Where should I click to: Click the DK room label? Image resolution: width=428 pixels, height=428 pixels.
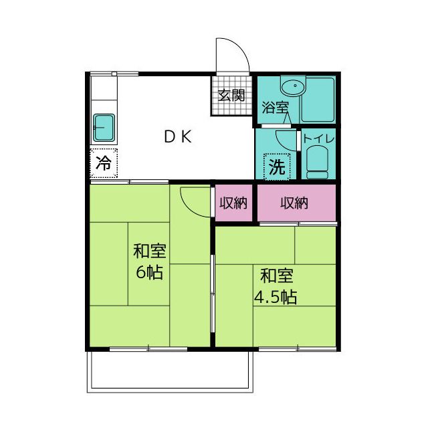(x=178, y=136)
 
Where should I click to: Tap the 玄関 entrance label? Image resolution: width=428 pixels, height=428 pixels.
(x=231, y=95)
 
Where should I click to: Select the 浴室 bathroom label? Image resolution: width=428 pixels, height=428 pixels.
(x=275, y=107)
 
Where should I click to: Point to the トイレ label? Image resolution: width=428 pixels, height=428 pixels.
(x=319, y=138)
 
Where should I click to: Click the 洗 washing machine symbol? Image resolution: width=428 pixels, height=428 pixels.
(x=278, y=167)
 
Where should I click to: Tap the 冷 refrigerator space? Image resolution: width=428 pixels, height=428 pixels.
(x=104, y=163)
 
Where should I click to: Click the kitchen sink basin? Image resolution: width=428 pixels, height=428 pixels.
(x=104, y=128)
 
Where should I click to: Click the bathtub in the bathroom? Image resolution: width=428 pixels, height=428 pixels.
(x=318, y=100)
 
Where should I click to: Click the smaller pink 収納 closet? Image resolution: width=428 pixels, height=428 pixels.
(x=233, y=203)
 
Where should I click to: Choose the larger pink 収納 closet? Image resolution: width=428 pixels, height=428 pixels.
(x=296, y=203)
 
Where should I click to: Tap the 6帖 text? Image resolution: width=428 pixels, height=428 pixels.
(x=149, y=272)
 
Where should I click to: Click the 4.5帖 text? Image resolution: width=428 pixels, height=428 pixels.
(x=276, y=297)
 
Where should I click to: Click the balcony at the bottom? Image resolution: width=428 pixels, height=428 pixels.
(x=170, y=372)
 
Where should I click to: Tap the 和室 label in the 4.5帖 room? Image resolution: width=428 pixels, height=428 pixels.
(x=277, y=276)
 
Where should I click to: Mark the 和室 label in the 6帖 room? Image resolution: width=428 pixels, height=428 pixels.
(x=150, y=251)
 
